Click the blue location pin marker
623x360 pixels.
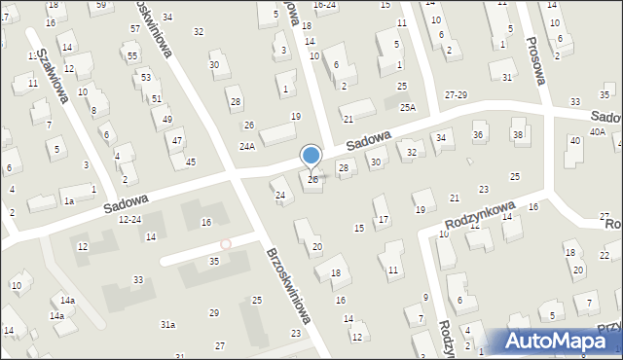[311, 155]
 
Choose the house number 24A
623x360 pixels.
[247, 146]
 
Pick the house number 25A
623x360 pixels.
[408, 107]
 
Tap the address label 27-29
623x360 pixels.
[456, 94]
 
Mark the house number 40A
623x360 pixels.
[597, 131]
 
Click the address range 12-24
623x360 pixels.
[129, 220]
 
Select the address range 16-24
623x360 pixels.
[323, 4]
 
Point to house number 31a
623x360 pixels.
[167, 324]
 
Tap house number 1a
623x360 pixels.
[68, 200]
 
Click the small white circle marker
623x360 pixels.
[226, 244]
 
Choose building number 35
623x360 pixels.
[214, 261]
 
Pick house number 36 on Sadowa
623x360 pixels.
[477, 133]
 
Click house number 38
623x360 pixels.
[517, 133]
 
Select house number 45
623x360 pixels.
[191, 162]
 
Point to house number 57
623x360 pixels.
[134, 29]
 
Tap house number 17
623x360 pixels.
[384, 219]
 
